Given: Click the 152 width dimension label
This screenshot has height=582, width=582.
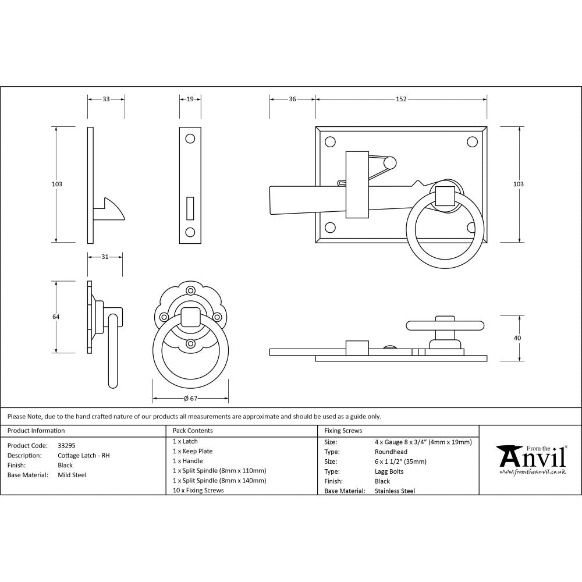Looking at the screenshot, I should [401, 100].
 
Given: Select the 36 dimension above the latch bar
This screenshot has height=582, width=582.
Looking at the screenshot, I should [292, 100].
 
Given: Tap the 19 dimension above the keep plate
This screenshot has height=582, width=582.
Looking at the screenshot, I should [190, 100].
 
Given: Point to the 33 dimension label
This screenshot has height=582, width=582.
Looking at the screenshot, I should [106, 100].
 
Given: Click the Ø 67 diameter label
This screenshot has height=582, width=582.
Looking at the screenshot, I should [191, 399].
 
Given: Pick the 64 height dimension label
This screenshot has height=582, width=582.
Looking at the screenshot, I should [56, 317].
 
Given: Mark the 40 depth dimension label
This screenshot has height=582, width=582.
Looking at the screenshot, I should [518, 338].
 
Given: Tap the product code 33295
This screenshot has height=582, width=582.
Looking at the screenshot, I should [66, 445].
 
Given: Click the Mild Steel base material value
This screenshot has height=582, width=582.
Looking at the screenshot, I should [72, 475].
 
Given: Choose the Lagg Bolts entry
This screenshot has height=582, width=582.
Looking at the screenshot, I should [389, 471].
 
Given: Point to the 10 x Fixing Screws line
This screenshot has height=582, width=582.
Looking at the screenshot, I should [198, 490].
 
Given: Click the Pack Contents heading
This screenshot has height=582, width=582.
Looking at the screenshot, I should [193, 431].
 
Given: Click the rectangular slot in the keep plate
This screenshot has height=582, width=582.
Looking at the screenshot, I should [190, 207].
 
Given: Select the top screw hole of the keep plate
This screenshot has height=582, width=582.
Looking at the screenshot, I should [190, 139].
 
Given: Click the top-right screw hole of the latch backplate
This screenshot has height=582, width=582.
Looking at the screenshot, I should [472, 141].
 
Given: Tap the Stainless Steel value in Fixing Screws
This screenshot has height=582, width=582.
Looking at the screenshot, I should [395, 491].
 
